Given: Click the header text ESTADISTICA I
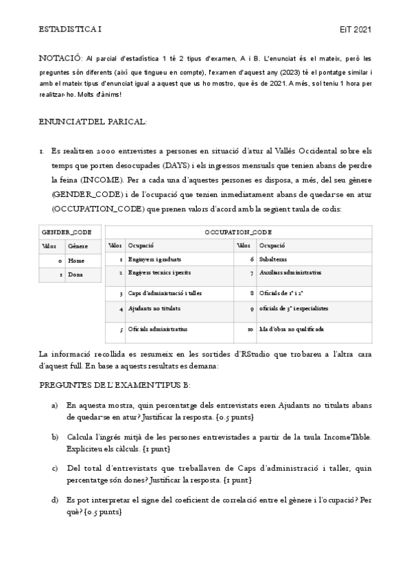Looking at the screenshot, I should coord(69,30).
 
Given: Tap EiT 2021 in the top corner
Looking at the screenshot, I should coord(355,30).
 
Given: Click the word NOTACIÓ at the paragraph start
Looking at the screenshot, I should coord(60,60).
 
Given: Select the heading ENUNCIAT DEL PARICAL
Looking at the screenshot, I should coord(93,121).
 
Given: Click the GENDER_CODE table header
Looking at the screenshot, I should coord(67,232).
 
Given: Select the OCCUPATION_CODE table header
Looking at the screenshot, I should coord(238,232).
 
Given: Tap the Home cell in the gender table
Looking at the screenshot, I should coord(76,261).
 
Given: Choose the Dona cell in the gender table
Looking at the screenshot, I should coord(76,275).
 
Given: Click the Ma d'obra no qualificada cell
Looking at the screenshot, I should coord(292,329).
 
